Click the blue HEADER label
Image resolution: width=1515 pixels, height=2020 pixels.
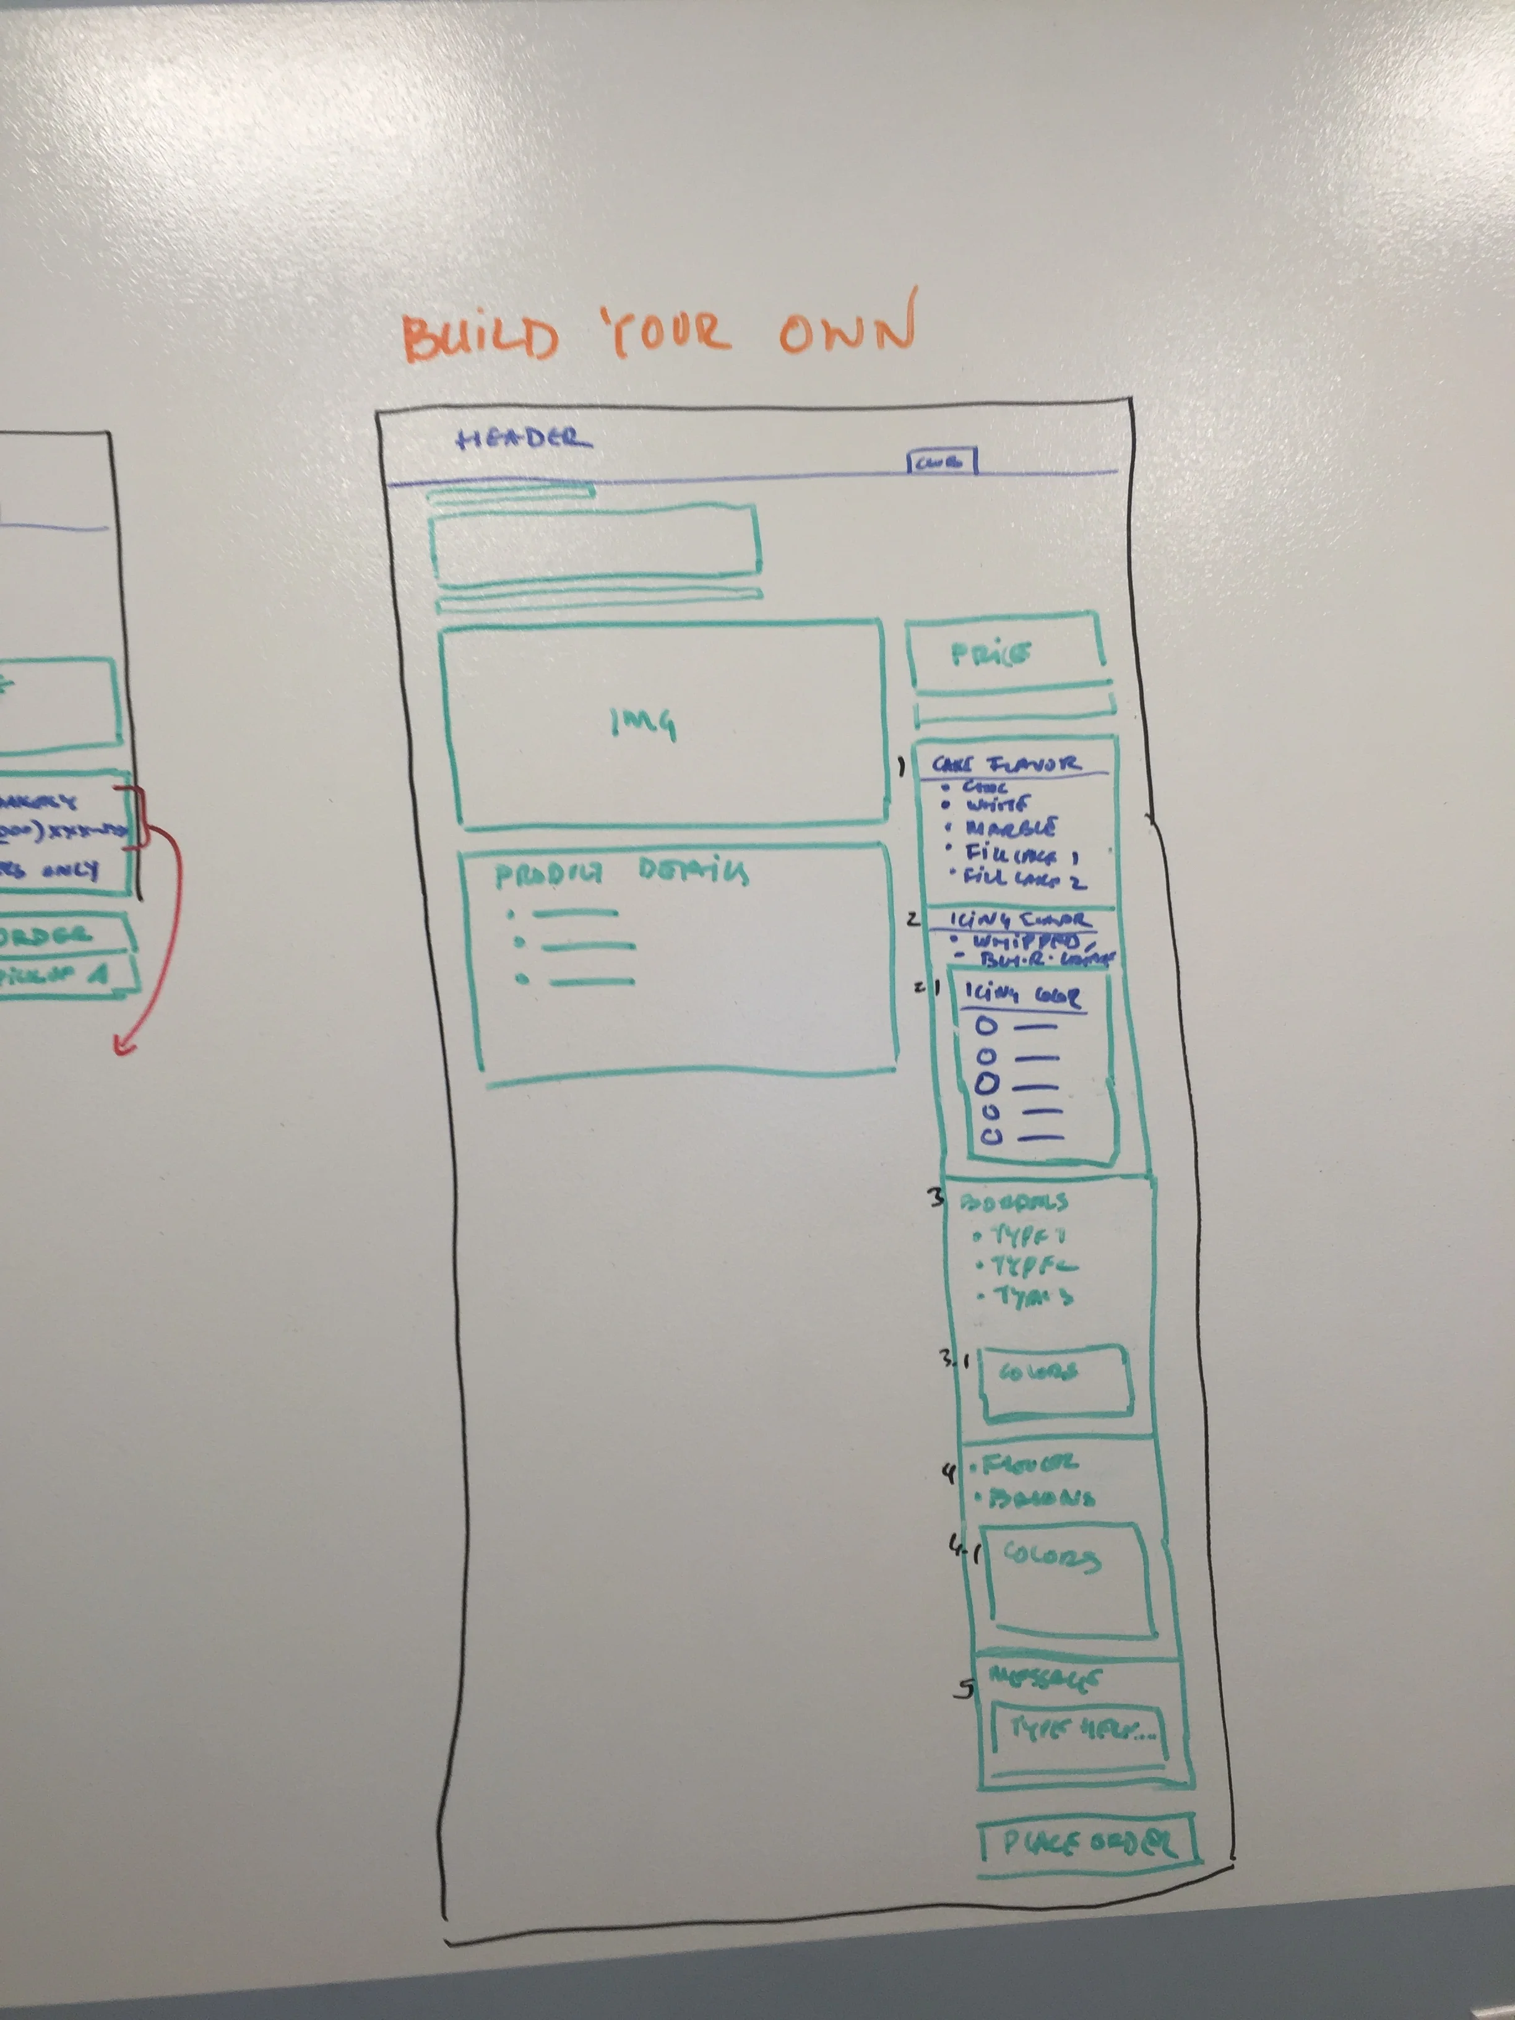tap(524, 439)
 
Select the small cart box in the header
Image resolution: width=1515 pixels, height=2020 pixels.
tap(941, 462)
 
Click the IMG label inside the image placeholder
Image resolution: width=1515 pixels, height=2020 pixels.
tap(644, 723)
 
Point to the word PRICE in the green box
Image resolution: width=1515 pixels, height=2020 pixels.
tap(991, 654)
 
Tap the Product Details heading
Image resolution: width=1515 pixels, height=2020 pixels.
tap(621, 873)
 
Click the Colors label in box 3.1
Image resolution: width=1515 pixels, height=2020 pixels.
tap(1039, 1371)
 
